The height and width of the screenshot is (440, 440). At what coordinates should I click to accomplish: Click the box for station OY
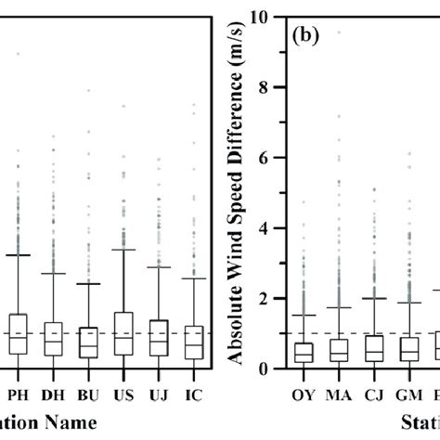coord(302,352)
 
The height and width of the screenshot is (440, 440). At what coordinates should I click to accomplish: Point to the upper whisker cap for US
coord(123,249)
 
